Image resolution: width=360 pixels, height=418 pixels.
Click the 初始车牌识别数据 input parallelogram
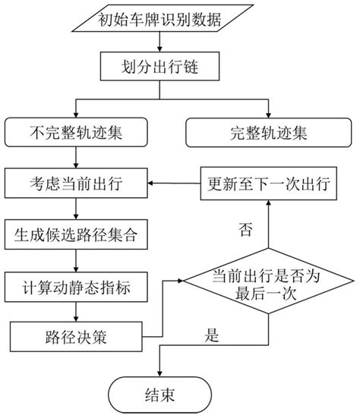point(159,20)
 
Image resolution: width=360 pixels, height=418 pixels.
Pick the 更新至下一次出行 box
point(266,183)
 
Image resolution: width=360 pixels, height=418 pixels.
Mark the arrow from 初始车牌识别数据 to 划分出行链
point(159,42)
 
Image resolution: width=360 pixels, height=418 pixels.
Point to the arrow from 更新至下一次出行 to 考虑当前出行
point(175,183)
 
